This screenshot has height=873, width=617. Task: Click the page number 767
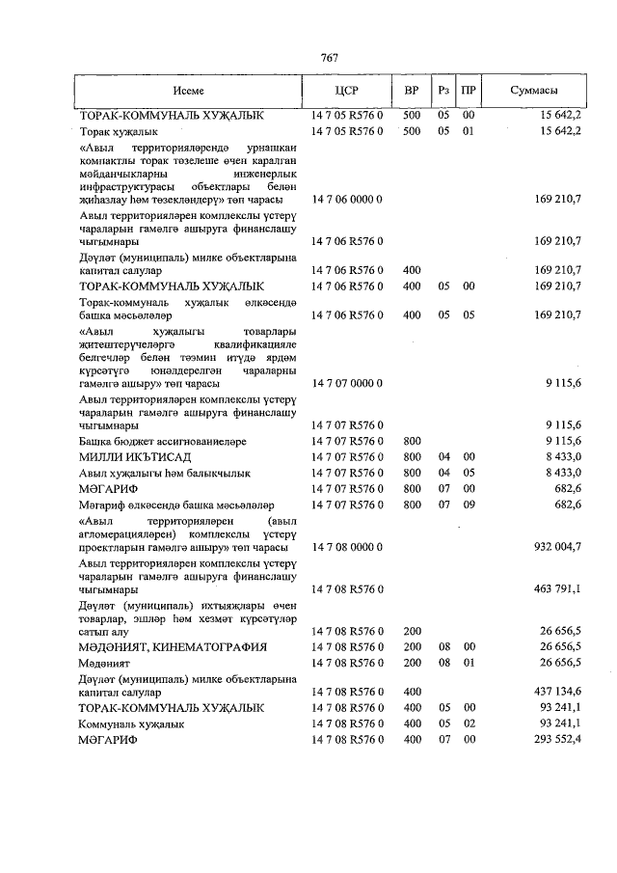pyautogui.click(x=328, y=57)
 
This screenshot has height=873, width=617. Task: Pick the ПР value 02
pyautogui.click(x=469, y=723)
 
